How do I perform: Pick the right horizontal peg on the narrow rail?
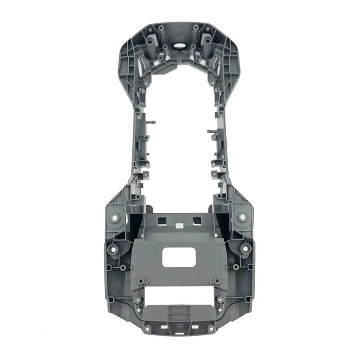tap(210, 131)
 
